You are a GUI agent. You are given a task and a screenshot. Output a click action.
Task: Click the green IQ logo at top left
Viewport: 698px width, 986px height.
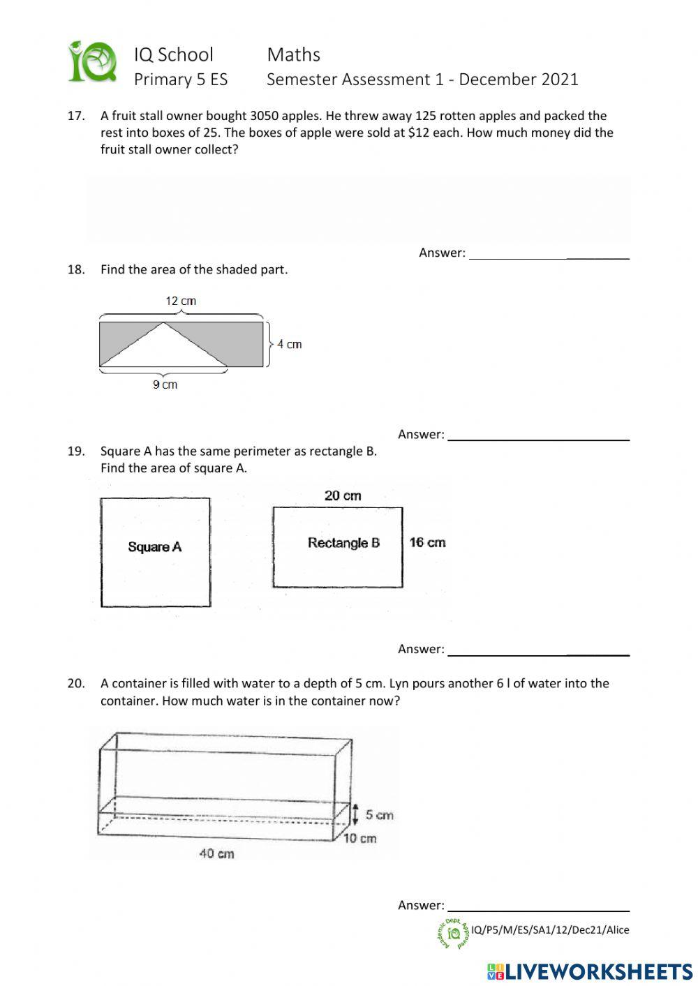pyautogui.click(x=92, y=62)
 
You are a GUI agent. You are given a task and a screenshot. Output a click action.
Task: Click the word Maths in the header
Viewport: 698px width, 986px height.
pyautogui.click(x=293, y=54)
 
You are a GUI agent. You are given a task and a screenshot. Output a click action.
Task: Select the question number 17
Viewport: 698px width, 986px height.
pyautogui.click(x=75, y=116)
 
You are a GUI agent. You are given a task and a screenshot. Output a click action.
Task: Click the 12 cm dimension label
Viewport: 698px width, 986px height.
pyautogui.click(x=180, y=301)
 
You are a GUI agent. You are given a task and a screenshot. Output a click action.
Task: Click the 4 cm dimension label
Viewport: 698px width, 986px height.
pyautogui.click(x=289, y=344)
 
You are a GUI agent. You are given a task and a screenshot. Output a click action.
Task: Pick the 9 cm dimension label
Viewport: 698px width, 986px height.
pyautogui.click(x=165, y=384)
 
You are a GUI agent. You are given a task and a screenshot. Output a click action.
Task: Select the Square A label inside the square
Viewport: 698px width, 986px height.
pyautogui.click(x=154, y=547)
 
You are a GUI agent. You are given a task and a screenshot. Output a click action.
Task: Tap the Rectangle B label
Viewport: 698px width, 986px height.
pyautogui.click(x=343, y=543)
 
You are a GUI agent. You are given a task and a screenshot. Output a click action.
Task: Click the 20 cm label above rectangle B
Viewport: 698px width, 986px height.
pyautogui.click(x=343, y=495)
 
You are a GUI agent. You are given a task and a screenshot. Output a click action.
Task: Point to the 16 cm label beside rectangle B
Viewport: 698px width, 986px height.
pyautogui.click(x=427, y=542)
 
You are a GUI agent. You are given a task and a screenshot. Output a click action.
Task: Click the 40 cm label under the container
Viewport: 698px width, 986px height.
pyautogui.click(x=216, y=853)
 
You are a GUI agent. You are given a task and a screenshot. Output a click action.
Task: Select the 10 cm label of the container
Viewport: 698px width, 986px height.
pyautogui.click(x=360, y=838)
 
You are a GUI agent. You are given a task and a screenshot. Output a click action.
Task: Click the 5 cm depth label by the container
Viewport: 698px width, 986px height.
pyautogui.click(x=379, y=815)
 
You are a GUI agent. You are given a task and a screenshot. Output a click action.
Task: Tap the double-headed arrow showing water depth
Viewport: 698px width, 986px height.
pyautogui.click(x=356, y=814)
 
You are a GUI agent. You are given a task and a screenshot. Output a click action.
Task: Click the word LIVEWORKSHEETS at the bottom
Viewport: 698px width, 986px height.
pyautogui.click(x=598, y=971)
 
